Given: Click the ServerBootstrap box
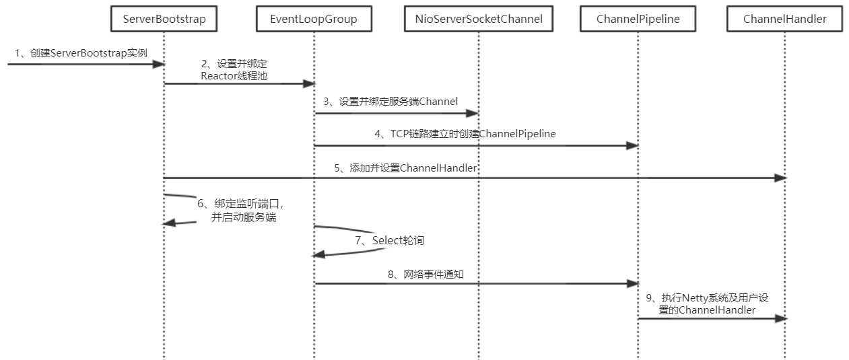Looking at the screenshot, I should click(164, 20).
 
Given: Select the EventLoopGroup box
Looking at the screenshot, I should click(314, 20).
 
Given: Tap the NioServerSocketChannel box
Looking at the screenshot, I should click(478, 20).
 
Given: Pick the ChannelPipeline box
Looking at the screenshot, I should click(638, 20).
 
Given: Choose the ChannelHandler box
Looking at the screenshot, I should click(784, 20).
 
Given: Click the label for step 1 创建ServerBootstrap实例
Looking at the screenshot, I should click(80, 53).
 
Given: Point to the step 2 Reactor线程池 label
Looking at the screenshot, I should click(234, 70).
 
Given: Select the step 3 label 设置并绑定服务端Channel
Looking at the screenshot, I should click(390, 102).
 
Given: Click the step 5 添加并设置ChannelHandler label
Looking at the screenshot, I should click(405, 168).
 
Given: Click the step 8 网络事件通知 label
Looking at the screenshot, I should click(434, 274).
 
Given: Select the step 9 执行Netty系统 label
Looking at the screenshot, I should click(716, 303).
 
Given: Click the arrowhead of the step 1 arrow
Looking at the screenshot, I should click(159, 64).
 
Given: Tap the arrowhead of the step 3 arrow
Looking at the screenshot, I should click(472, 113).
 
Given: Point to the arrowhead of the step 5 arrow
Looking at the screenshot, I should click(780, 178).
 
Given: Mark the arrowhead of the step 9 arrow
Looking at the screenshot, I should click(780, 318).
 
